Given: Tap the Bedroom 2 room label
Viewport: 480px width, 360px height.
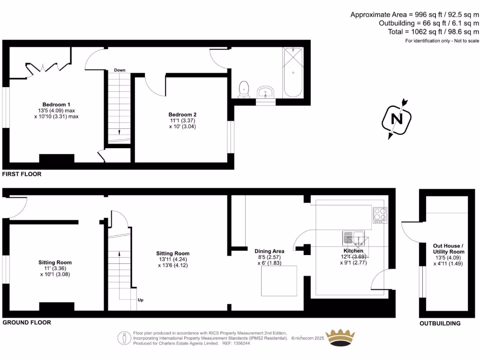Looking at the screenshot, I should tap(182, 114).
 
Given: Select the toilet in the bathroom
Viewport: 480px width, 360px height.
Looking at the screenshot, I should tap(244, 90).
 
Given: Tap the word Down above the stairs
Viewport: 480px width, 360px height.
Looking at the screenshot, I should tap(120, 70).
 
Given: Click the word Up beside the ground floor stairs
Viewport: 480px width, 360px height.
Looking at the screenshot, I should tap(140, 300).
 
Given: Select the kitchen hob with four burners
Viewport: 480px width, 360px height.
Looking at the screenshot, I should tap(379, 215).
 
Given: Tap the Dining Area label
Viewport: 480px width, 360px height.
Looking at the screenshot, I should tap(269, 251).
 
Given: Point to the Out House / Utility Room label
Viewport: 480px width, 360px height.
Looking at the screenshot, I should tap(448, 248).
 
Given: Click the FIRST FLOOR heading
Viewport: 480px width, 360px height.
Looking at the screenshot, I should tap(22, 174).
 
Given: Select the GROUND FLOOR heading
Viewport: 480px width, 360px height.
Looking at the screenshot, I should tap(27, 322).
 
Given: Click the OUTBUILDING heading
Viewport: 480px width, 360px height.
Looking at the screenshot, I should tap(440, 323).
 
